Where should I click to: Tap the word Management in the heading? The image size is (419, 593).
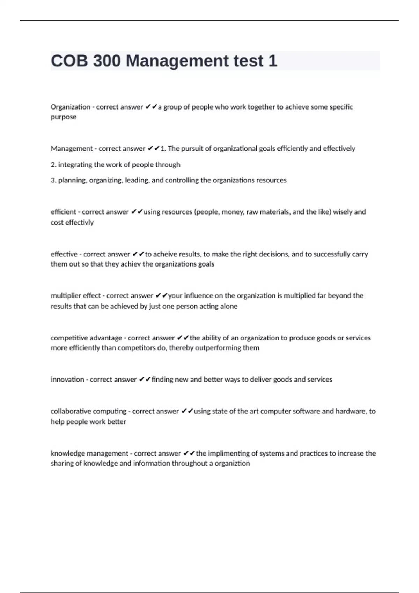tap(177, 61)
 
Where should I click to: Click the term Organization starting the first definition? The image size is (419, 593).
tap(71, 107)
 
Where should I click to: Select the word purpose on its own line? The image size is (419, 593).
tap(64, 117)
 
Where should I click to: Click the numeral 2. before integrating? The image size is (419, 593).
tap(53, 165)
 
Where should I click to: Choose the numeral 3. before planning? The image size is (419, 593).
tap(53, 180)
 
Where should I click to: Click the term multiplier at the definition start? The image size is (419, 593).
tap(66, 296)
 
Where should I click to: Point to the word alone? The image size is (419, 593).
tap(229, 306)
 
